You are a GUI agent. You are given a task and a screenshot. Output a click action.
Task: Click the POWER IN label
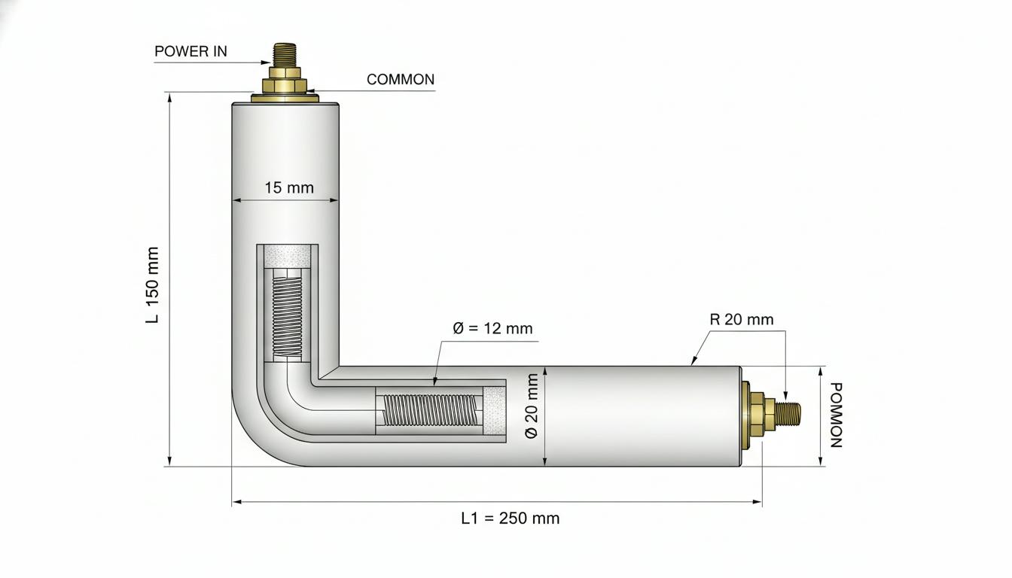pos(191,51)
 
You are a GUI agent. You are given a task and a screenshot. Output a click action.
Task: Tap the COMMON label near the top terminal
pos(401,80)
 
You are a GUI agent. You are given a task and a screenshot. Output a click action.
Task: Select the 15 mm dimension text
pos(288,188)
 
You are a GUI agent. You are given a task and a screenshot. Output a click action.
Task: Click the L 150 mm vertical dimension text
pos(153,285)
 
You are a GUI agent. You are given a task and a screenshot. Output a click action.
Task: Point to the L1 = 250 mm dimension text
pos(510,518)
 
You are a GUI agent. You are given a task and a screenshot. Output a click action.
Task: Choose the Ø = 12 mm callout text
pos(492,328)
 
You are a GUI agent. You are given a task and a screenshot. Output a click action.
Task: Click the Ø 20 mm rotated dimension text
pos(532,406)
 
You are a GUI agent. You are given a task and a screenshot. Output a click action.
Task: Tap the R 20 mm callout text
pos(742,320)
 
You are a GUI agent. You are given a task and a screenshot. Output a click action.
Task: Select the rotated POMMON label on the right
pos(837,415)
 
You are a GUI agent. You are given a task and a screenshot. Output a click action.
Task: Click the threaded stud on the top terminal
pos(285,55)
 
